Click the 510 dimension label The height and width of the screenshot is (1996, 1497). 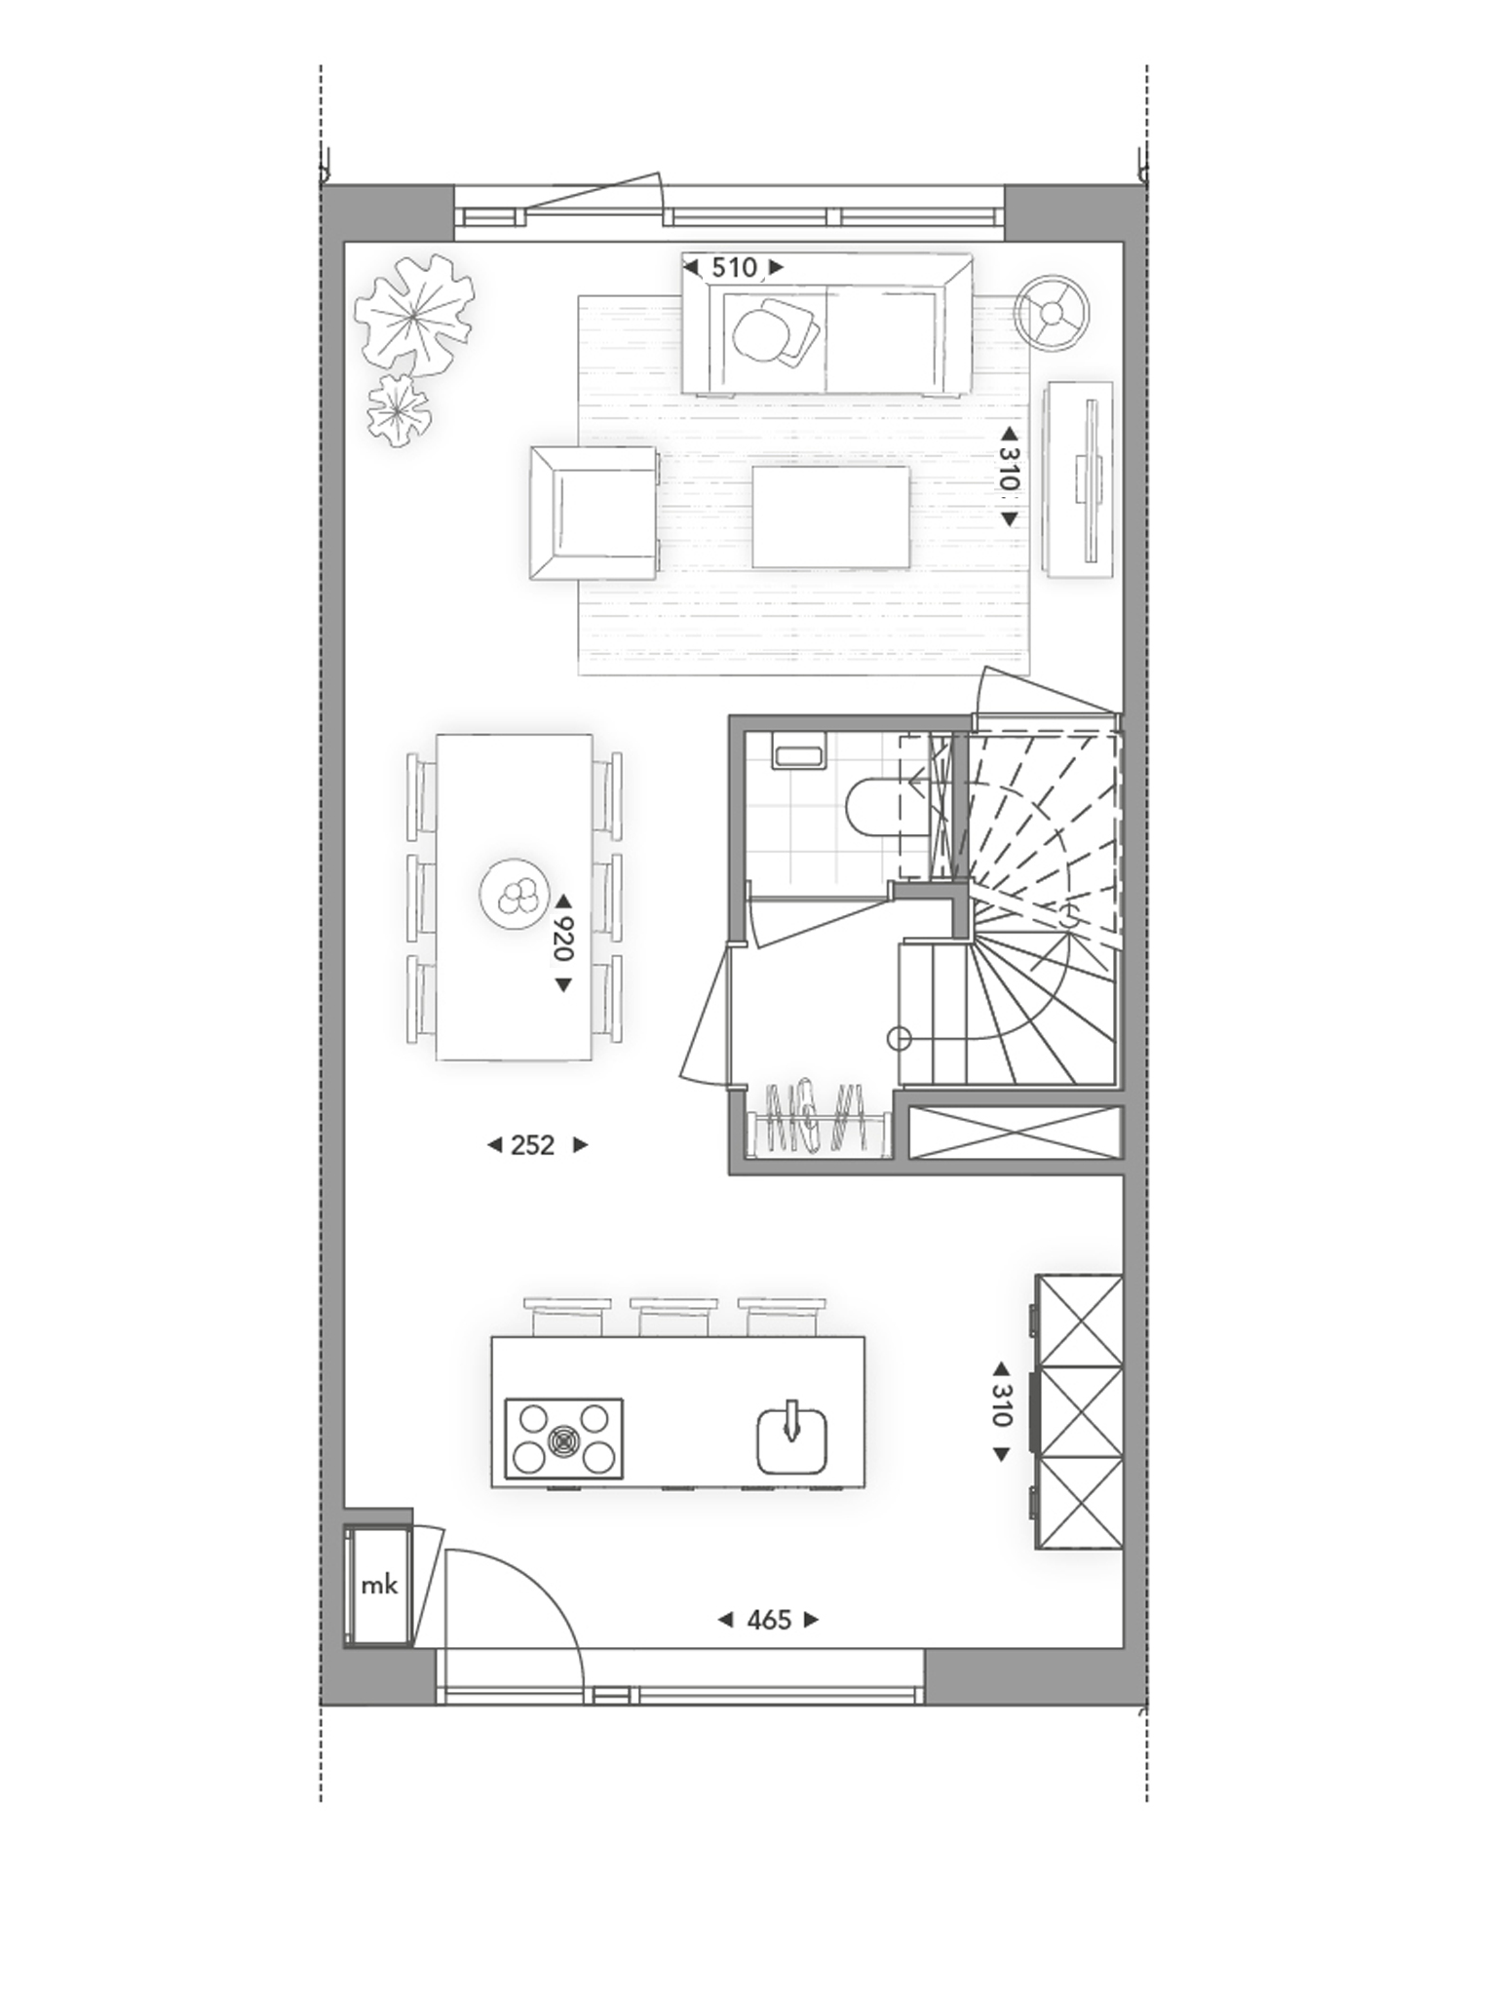pos(733,268)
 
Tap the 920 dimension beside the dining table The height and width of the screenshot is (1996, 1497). pos(562,939)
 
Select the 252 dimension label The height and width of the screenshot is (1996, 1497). pos(532,1145)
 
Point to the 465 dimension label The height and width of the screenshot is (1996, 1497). pos(768,1620)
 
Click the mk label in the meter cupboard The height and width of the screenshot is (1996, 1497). pos(378,1585)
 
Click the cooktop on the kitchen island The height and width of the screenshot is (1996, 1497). pos(563,1438)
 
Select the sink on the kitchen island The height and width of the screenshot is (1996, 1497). pos(791,1439)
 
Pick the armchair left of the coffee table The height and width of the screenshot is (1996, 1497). pos(594,514)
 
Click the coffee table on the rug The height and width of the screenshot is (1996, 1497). pos(830,517)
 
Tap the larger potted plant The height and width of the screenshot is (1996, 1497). pos(414,313)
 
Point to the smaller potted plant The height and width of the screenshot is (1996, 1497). pos(397,411)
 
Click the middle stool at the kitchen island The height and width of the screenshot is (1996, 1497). pos(673,1316)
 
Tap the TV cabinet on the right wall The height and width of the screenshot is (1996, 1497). pos(1080,480)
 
